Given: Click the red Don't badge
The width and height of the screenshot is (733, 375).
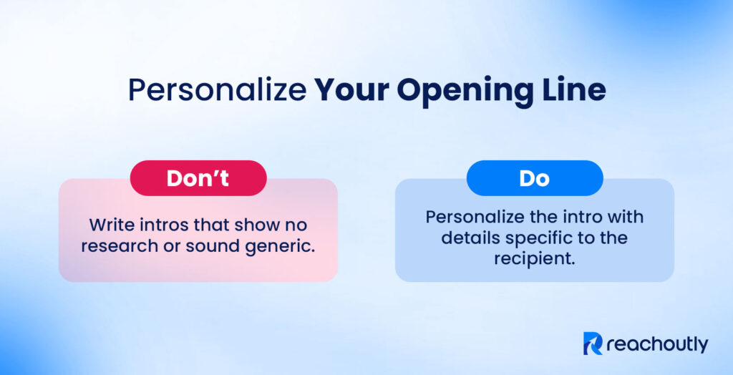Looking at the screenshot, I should [198, 178].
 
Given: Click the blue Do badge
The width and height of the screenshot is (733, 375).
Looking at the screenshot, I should [534, 178].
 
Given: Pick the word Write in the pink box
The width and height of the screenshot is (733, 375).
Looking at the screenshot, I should [111, 224].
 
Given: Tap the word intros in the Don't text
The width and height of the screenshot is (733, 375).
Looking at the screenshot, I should [163, 224].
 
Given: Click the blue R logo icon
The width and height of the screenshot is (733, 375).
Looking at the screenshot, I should [593, 344].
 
